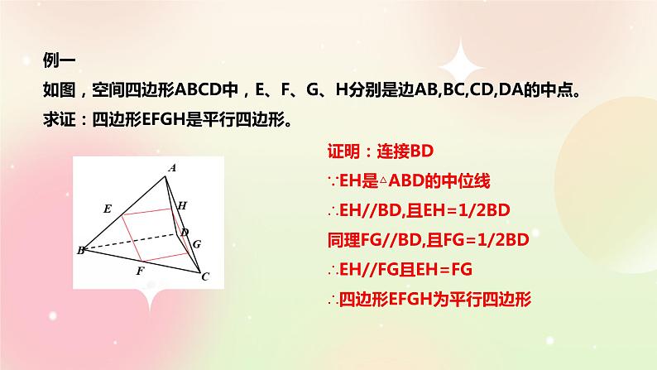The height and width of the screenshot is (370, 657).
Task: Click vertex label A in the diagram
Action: tap(172, 168)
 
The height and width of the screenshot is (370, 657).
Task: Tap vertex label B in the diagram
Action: tap(81, 250)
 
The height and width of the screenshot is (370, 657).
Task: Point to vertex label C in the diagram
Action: tap(205, 276)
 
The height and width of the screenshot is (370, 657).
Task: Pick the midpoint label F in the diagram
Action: tap(140, 271)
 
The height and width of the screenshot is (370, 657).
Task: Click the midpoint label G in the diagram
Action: tap(196, 244)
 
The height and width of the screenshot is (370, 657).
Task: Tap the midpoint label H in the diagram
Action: tap(183, 204)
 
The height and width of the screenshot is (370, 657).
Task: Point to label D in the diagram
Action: tap(185, 232)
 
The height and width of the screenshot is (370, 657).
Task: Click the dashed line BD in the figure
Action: tap(132, 241)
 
